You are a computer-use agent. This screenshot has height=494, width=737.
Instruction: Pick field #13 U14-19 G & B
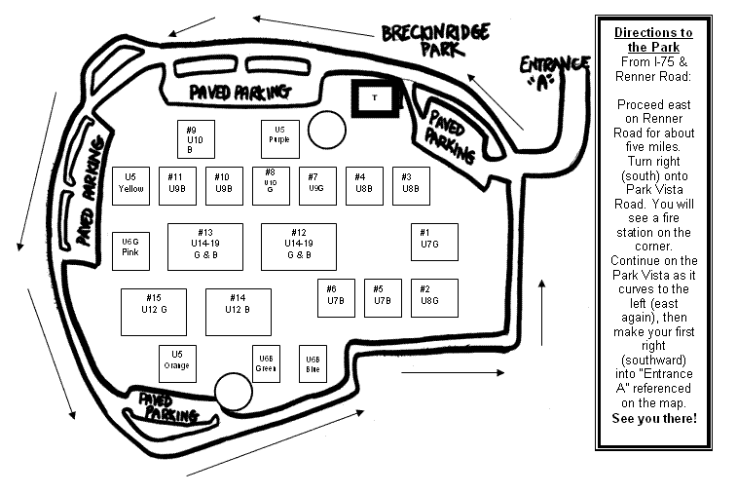[204, 247]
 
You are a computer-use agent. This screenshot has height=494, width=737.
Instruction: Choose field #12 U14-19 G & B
[298, 247]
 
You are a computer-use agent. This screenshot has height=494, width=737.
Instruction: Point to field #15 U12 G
[153, 312]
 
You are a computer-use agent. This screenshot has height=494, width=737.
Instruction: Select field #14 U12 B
[238, 312]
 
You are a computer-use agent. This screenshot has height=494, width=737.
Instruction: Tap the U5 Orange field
[177, 363]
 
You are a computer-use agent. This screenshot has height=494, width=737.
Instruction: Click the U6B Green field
[266, 363]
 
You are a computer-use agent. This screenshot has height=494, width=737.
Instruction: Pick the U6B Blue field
[312, 363]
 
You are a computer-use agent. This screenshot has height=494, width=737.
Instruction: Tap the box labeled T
[374, 97]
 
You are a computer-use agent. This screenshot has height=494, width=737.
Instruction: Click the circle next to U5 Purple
[326, 128]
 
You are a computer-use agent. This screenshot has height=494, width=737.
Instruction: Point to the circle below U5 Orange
[233, 392]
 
